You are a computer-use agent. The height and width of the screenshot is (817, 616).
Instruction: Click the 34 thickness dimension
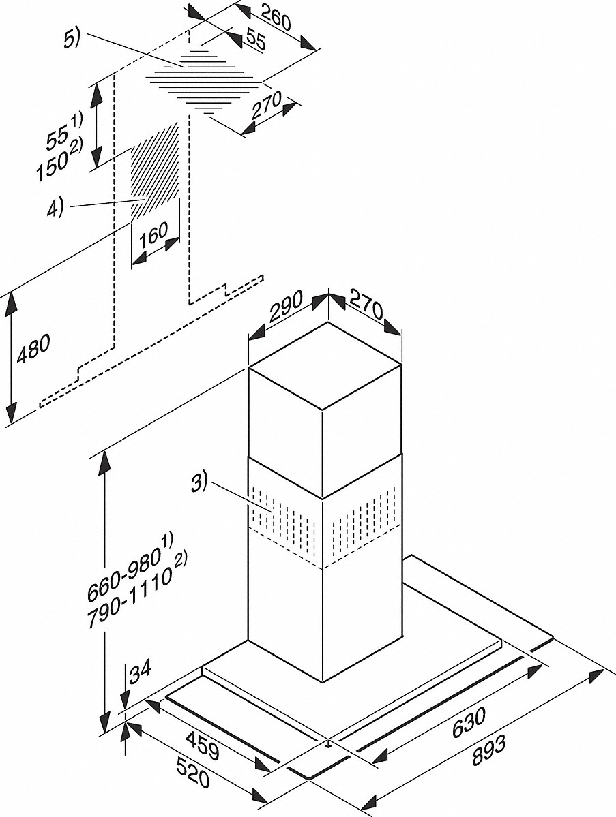click(139, 673)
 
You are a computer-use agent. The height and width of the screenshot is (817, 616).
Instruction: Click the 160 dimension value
click(152, 234)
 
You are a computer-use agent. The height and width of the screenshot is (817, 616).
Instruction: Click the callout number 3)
click(199, 485)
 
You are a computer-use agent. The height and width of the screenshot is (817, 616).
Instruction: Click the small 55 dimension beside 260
click(254, 41)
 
